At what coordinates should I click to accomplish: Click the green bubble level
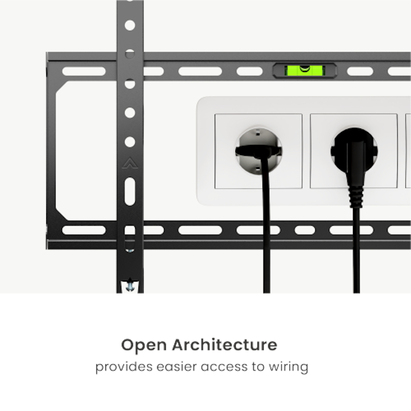[x=305, y=70]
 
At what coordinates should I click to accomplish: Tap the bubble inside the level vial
[x=305, y=69]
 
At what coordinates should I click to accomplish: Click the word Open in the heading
[x=144, y=345]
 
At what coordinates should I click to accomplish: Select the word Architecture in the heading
[x=225, y=344]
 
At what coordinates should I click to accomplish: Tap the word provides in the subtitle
[x=124, y=367]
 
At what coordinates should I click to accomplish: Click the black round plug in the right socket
[x=354, y=151]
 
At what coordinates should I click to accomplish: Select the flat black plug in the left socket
[x=258, y=151]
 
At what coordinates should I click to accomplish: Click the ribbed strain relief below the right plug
[x=356, y=197]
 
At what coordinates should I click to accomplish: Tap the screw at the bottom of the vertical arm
[x=130, y=286]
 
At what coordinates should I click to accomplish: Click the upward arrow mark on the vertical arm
[x=130, y=163]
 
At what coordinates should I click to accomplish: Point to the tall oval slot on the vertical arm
[x=130, y=191]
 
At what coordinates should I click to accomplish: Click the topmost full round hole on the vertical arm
[x=130, y=25]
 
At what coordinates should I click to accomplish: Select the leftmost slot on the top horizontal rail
[x=84, y=71]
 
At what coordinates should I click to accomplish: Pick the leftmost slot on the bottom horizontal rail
[x=84, y=230]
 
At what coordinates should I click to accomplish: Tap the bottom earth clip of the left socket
[x=258, y=169]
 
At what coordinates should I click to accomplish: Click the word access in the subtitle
[x=224, y=367]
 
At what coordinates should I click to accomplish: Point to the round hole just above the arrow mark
[x=130, y=142]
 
